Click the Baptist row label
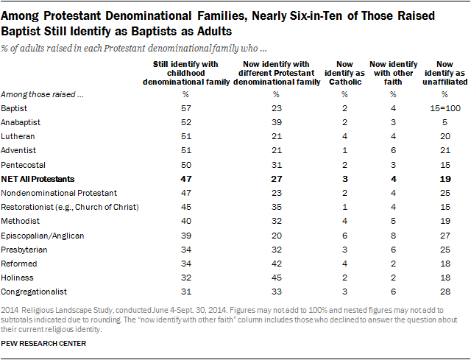[14, 108]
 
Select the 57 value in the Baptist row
[186, 108]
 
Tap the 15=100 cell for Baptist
[445, 108]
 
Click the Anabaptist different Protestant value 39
[277, 122]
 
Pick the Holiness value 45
[277, 278]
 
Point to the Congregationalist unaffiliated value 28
[445, 292]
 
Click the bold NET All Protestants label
[38, 179]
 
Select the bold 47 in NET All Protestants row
[186, 179]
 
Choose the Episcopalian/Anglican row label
[43, 236]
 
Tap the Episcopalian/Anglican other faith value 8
[393, 236]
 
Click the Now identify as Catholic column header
[344, 73]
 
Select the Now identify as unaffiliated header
[445, 73]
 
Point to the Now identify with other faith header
[393, 73]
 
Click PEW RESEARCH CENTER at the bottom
[43, 344]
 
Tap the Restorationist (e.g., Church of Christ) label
[70, 207]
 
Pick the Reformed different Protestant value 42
[277, 264]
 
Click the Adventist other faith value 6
[393, 150]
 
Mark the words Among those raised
[38, 94]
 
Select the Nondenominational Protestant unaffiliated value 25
[445, 193]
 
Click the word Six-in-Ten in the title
[316, 15]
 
